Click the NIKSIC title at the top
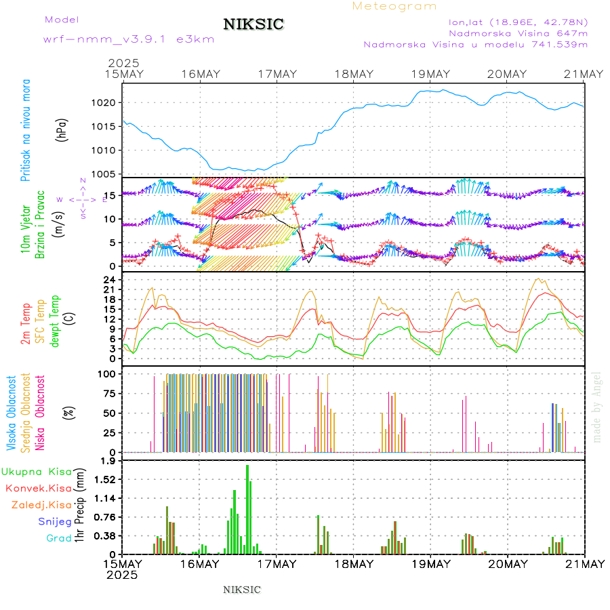pyautogui.click(x=253, y=25)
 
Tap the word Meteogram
pyautogui.click(x=394, y=6)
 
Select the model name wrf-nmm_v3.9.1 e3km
pyautogui.click(x=129, y=39)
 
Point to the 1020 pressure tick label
pyautogui.click(x=108, y=103)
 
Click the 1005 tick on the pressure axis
pyautogui.click(x=108, y=174)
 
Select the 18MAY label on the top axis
pyautogui.click(x=354, y=74)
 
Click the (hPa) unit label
pyautogui.click(x=62, y=129)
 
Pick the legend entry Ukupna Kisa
pyautogui.click(x=37, y=471)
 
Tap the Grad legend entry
pyautogui.click(x=58, y=538)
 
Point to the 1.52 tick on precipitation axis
pyautogui.click(x=106, y=479)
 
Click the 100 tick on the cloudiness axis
pyautogui.click(x=107, y=373)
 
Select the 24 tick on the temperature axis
pyautogui.click(x=108, y=279)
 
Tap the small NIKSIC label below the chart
pyautogui.click(x=242, y=590)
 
